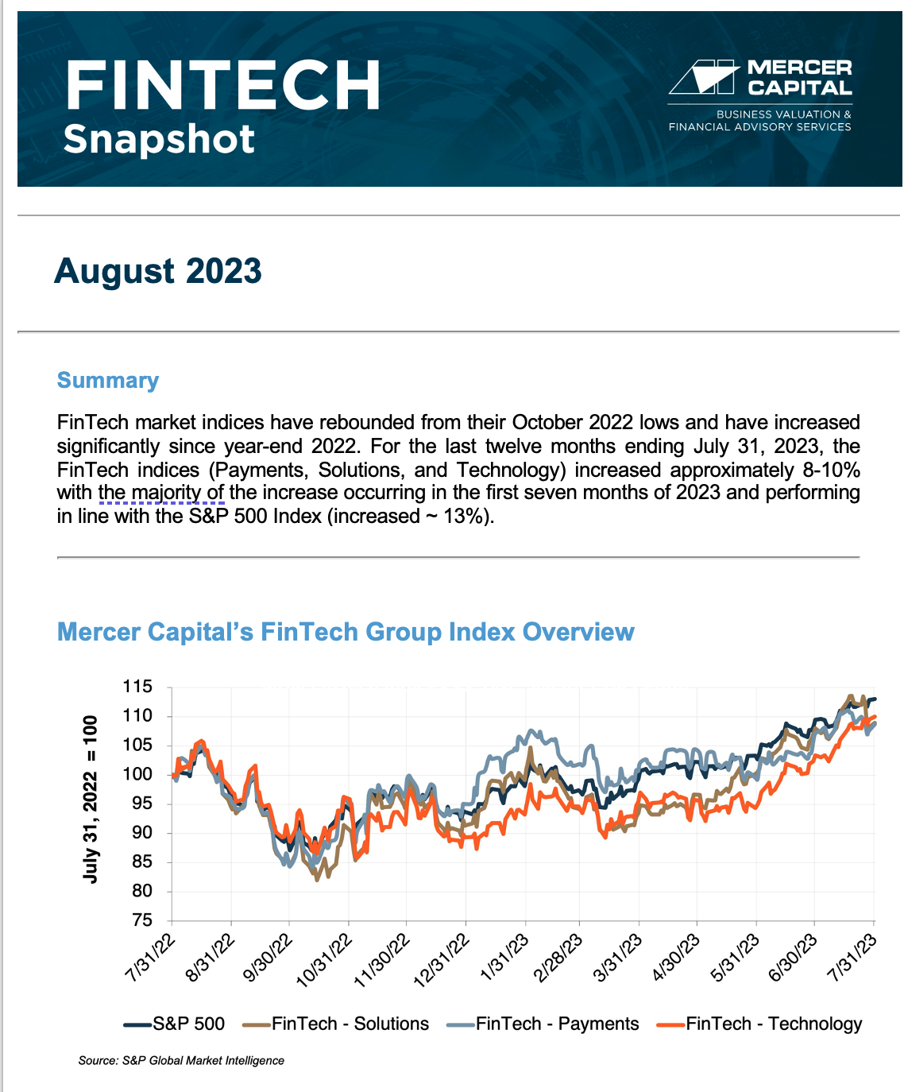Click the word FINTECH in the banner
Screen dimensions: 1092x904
222,85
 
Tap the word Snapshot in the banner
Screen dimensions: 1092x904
159,139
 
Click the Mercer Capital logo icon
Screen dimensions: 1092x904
704,77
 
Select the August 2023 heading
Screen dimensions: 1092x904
157,271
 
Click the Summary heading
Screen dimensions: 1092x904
108,381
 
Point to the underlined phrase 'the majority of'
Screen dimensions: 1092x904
161,493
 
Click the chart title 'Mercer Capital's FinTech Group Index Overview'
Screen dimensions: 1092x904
346,632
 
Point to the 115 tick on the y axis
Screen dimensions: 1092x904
137,687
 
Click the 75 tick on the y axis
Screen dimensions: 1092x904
141,920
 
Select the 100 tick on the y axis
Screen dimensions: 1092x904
137,774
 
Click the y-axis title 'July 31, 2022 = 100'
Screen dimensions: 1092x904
91,799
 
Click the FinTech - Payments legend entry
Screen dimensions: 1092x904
543,1024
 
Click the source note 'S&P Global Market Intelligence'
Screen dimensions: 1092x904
203,1060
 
